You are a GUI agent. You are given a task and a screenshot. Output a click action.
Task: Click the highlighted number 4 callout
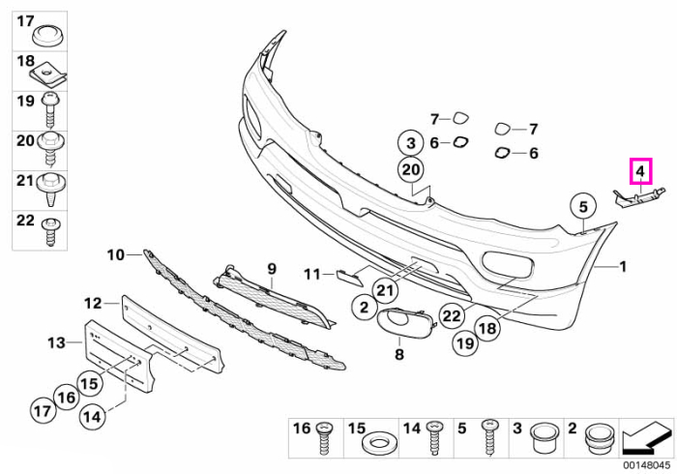[x=640, y=171]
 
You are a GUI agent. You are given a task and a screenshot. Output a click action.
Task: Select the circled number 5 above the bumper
[x=583, y=207]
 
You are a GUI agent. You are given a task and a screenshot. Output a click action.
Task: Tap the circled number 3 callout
[x=411, y=143]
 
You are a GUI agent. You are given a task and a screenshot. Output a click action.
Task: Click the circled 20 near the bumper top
[x=411, y=169]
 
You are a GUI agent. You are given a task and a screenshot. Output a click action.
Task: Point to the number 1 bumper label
[x=623, y=267]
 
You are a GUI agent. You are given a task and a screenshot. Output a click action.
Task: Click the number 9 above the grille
[x=272, y=269]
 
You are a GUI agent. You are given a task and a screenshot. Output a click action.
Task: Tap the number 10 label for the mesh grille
[x=116, y=255]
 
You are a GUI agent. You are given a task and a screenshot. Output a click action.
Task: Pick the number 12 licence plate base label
[x=93, y=304]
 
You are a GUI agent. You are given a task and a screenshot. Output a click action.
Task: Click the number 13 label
[x=56, y=342]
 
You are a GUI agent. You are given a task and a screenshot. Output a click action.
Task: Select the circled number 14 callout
[x=93, y=417]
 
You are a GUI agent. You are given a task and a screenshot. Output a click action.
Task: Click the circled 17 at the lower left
[x=43, y=410]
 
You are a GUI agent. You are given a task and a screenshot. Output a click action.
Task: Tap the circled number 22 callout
[x=452, y=316]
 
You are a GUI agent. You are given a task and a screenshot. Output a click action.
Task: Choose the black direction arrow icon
[x=646, y=438]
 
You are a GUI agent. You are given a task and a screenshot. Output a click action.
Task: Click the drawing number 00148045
[x=646, y=466]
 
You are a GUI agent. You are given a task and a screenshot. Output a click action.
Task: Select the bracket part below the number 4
[x=639, y=197]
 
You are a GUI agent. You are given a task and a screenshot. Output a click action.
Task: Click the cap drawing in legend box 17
[x=48, y=36]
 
